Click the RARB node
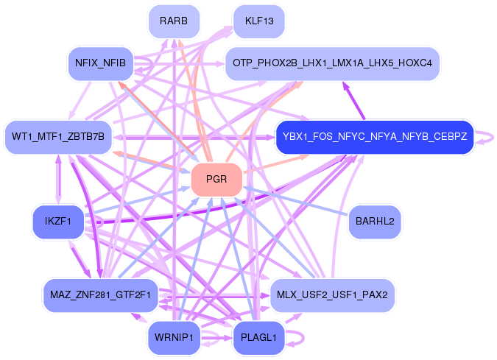pyautogui.click(x=174, y=21)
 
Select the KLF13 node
pyautogui.click(x=258, y=21)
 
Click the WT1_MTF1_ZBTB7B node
pyautogui.click(x=58, y=137)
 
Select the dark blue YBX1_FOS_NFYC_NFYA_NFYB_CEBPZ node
pyautogui.click(x=373, y=137)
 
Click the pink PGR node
pyautogui.click(x=216, y=179)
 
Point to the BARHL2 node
pyautogui.click(x=374, y=220)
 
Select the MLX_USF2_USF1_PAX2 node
pyautogui.click(x=334, y=294)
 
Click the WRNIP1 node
pyautogui.click(x=174, y=338)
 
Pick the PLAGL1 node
pyautogui.click(x=258, y=338)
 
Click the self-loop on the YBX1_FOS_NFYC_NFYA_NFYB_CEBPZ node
pyautogui.click(x=486, y=137)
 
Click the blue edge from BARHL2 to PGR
pyautogui.click(x=295, y=200)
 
